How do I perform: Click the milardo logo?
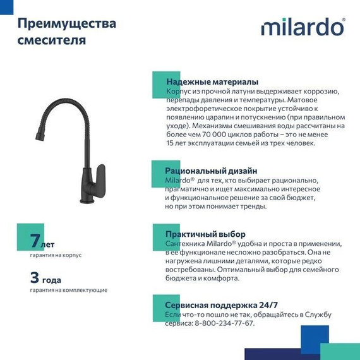[303, 27]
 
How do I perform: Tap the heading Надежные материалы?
[212, 82]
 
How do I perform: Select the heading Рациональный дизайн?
[211, 171]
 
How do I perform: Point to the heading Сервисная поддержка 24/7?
[221, 304]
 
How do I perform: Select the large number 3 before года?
[35, 277]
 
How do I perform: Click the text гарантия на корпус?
[56, 255]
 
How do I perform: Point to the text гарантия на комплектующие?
[68, 290]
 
